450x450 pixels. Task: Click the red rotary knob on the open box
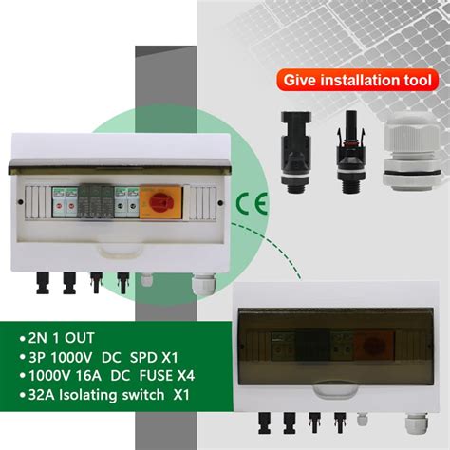pos(155,202)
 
